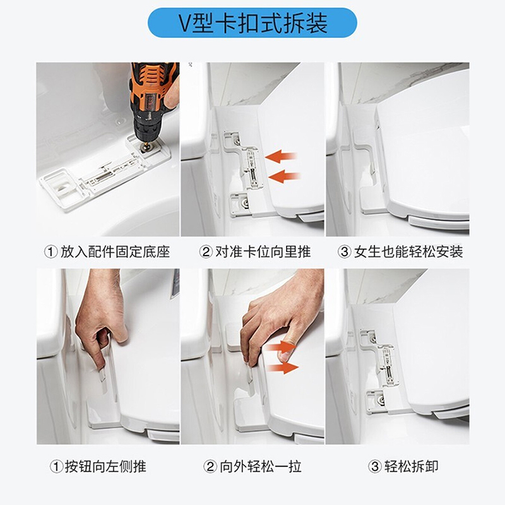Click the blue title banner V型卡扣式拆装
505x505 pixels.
pyautogui.click(x=252, y=23)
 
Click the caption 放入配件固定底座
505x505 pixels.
pyautogui.click(x=116, y=252)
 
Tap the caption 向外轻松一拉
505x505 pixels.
pyautogui.click(x=259, y=466)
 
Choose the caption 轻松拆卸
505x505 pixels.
pyautogui.click(x=412, y=466)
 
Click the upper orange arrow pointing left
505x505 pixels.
pyautogui.click(x=283, y=155)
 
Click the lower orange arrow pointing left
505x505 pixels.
pyautogui.click(x=285, y=177)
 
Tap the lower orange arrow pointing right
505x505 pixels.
pyautogui.click(x=282, y=367)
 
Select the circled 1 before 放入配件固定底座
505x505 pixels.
pyautogui.click(x=51, y=252)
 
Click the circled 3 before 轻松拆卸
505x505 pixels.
pyautogui.click(x=376, y=466)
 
